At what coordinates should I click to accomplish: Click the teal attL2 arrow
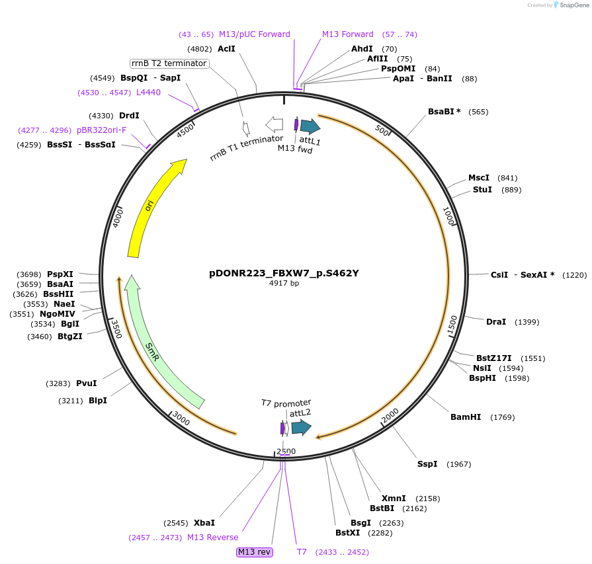tap(301, 427)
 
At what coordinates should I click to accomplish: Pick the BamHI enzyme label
tap(466, 417)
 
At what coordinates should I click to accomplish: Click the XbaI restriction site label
tap(204, 522)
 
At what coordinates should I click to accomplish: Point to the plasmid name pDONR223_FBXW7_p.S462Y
tap(284, 272)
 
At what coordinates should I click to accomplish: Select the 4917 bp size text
tap(284, 283)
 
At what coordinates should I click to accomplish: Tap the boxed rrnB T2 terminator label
tap(169, 63)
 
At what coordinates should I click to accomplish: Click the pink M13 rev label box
tap(255, 552)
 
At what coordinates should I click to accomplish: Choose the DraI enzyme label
tap(496, 322)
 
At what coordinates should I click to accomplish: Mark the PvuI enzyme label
tap(87, 383)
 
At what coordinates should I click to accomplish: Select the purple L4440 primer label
tap(148, 93)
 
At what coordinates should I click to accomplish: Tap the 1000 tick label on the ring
tap(448, 216)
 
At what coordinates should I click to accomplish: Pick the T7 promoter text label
tap(286, 403)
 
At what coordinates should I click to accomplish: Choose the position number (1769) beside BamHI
tap(502, 417)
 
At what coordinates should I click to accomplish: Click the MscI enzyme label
tap(479, 178)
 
